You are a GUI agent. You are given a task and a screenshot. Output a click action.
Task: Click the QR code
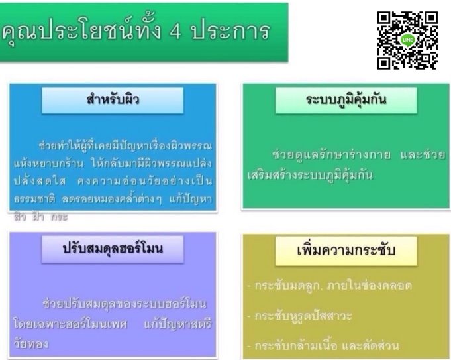[x=407, y=40]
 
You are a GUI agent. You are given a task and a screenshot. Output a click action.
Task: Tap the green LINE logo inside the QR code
[x=407, y=40]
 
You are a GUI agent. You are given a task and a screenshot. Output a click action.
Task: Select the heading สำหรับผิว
[x=113, y=101]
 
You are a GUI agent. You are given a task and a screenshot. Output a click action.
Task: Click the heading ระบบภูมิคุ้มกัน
[x=346, y=101]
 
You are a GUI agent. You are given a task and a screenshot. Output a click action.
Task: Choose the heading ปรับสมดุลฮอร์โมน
[x=112, y=249]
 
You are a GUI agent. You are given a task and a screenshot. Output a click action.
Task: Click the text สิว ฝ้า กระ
[x=41, y=215]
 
